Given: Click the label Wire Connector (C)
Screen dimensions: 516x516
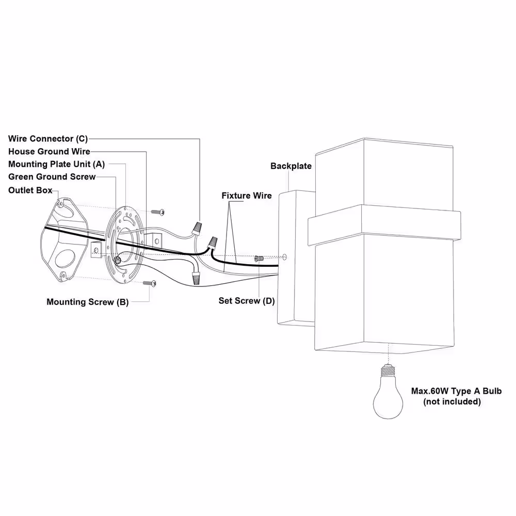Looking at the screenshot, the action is click(48, 138).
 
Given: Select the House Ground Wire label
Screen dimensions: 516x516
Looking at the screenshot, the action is click(49, 151).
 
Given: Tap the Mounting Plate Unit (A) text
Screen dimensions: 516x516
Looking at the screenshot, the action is click(56, 164).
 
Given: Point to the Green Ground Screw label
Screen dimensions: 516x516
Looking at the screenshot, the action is click(52, 176).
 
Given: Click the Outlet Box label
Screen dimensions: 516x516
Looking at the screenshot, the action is click(30, 190).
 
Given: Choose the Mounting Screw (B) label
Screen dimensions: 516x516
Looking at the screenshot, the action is click(88, 302).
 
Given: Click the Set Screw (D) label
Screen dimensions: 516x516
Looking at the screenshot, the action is click(247, 301).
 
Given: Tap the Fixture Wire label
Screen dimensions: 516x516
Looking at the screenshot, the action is click(247, 196).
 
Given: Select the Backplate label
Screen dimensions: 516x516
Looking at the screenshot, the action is click(291, 166).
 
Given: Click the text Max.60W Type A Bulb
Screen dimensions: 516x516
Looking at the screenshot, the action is click(456, 391).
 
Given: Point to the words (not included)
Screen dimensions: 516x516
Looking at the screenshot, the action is click(452, 402).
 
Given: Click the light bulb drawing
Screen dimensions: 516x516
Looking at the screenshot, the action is click(388, 392).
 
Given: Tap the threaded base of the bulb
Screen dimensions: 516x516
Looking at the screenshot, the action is click(388, 370).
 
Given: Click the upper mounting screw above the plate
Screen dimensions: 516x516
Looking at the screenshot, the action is click(157, 212).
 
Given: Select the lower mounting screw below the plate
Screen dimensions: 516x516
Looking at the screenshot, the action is click(150, 283).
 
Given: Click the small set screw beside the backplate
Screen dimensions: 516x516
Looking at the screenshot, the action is click(259, 259).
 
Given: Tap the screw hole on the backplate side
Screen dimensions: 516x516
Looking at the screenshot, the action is click(285, 257).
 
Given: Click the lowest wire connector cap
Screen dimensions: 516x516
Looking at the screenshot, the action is click(196, 277).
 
